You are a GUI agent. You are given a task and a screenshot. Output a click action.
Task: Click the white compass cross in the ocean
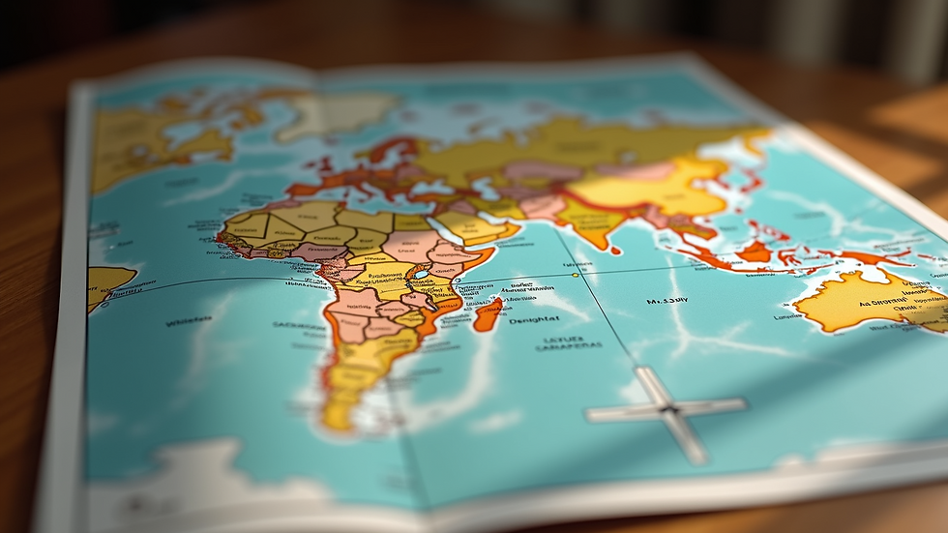pos(667,409)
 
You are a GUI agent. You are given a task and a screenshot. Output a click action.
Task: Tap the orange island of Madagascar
pos(489,313)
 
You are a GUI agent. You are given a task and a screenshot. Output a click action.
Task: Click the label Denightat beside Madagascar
pos(533,319)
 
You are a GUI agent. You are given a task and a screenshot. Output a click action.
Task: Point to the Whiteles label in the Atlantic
pos(190,322)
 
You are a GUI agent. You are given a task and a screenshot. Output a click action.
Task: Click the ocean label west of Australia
pos(667,301)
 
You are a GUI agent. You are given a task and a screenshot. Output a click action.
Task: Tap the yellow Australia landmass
pos(861,300)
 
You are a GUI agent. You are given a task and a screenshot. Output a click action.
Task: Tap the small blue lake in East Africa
pos(419,274)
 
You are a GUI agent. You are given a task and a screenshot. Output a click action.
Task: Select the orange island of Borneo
pos(754,252)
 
